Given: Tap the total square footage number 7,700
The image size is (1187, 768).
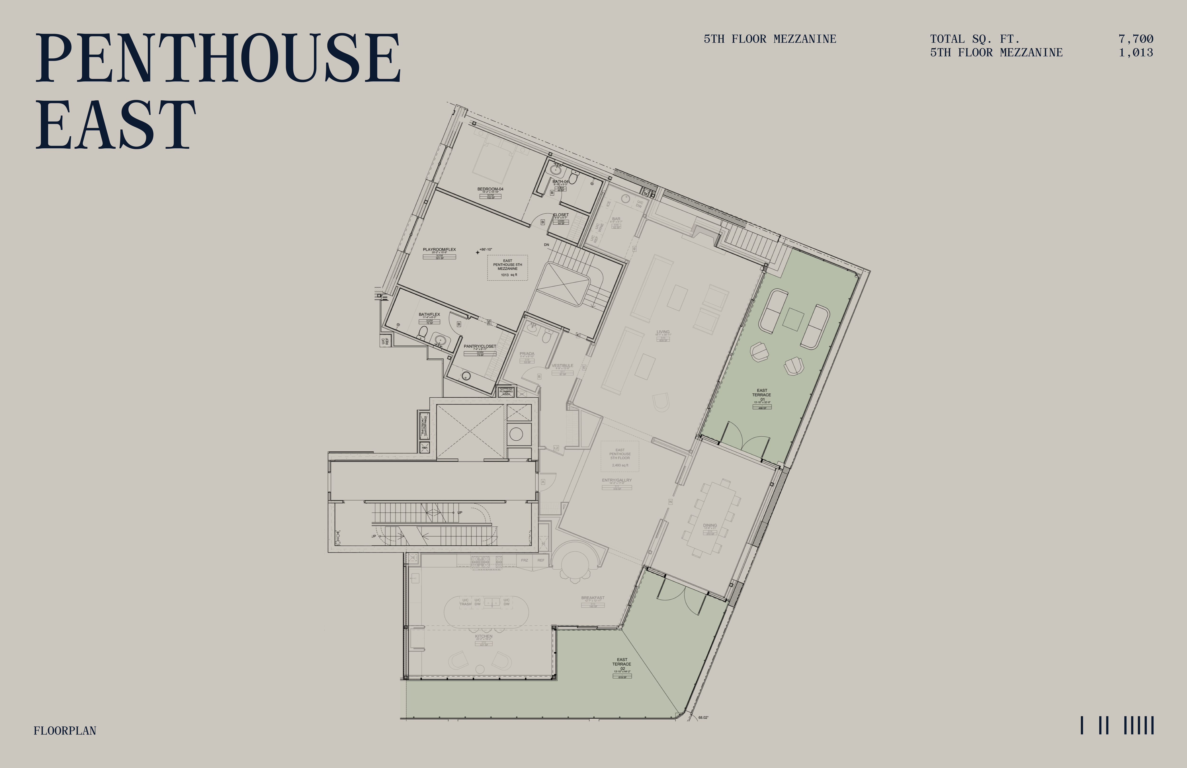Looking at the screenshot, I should point(1136,39).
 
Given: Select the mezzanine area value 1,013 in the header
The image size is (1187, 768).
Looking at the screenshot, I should point(1136,52).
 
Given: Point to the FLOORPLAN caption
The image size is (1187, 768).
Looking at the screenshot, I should point(65,730).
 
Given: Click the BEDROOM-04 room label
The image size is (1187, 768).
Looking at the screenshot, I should point(490,189).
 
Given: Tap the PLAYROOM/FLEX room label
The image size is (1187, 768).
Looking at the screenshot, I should point(439,249).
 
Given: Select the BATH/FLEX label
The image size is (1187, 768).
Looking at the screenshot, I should point(429,314).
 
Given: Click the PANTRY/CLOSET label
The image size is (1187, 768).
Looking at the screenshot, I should point(480,346).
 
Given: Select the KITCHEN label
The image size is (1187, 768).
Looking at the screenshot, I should point(483,636).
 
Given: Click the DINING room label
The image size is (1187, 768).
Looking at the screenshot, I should point(710,525).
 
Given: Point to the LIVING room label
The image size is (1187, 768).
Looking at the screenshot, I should point(663,332).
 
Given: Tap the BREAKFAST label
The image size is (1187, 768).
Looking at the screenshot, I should point(593,598).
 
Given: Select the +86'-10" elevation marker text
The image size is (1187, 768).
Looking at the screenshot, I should point(486,249).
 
